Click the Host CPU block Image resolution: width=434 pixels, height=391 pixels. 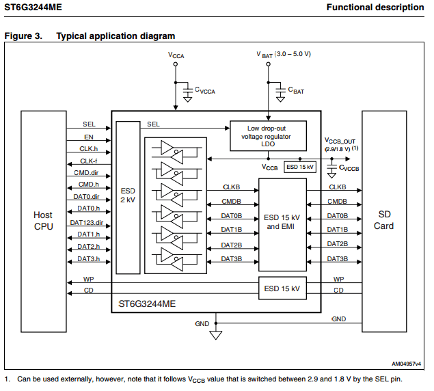tap(43, 221)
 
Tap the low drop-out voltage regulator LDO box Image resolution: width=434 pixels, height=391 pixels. tap(267, 135)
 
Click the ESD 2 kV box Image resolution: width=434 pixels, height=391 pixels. tap(127, 196)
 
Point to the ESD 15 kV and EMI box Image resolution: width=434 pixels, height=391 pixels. tap(282, 222)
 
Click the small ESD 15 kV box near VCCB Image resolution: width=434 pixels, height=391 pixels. tap(300, 167)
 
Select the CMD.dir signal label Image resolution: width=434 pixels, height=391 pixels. tap(87, 173)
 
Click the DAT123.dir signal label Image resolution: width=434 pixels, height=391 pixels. tap(86, 223)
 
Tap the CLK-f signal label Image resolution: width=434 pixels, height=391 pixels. tap(89, 161)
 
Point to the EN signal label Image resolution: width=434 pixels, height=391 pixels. tap(89, 137)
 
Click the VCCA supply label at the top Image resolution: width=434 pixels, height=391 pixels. tap(176, 54)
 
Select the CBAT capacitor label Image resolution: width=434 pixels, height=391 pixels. tap(296, 90)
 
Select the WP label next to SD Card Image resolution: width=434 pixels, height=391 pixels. tap(338, 279)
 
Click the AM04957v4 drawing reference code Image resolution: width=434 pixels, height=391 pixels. tap(407, 364)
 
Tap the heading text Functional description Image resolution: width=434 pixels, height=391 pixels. tap(375, 8)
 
